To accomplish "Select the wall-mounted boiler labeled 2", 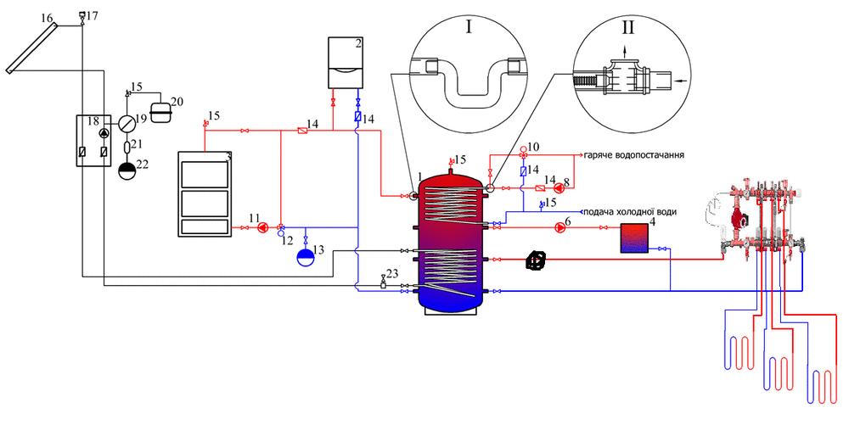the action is pyautogui.click(x=346, y=62).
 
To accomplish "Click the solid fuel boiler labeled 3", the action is pyautogui.click(x=204, y=193).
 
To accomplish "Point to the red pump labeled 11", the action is pyautogui.click(x=262, y=227).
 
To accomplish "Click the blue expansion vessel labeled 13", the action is pyautogui.click(x=306, y=256).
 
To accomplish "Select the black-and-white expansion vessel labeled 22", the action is pyautogui.click(x=127, y=171).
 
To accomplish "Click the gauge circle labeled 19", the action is pyautogui.click(x=127, y=123).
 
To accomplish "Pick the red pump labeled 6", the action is pyautogui.click(x=559, y=228).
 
